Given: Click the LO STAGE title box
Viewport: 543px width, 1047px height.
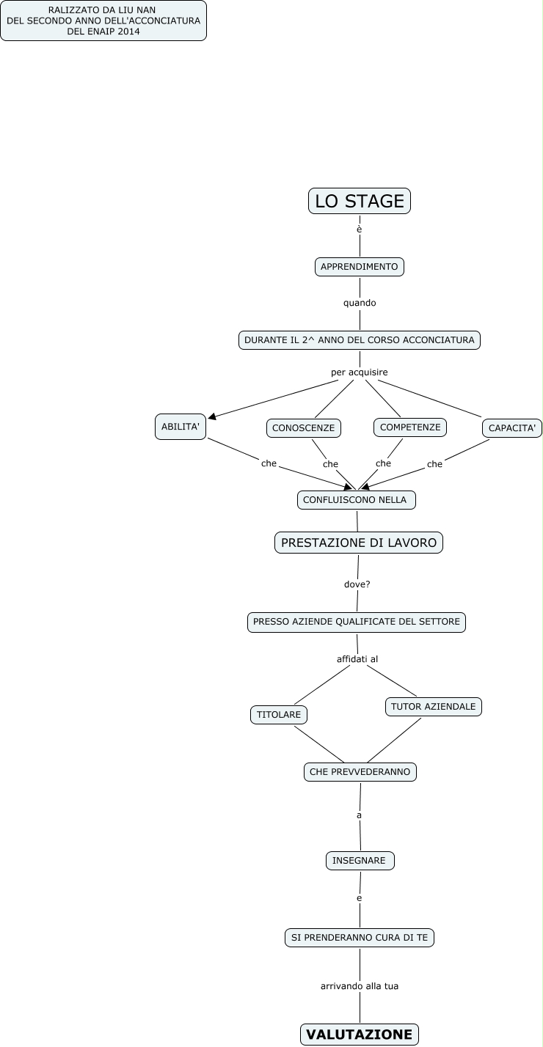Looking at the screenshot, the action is click(x=360, y=201).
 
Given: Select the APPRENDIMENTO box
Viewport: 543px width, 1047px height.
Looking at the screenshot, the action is click(x=360, y=267).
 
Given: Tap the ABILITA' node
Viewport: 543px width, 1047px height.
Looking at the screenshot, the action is click(x=181, y=426).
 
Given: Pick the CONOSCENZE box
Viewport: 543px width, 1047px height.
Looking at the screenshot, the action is click(x=304, y=428).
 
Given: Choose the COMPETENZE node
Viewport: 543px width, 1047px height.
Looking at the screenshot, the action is click(x=410, y=427).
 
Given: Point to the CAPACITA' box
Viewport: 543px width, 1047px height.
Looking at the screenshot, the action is click(x=512, y=428).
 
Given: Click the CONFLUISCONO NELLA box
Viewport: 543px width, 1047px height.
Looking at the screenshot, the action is click(x=357, y=499).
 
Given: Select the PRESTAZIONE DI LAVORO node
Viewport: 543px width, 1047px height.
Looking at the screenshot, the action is click(x=359, y=543).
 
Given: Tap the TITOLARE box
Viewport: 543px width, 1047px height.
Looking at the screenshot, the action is click(x=279, y=715).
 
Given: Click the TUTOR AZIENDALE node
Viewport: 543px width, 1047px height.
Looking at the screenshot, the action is click(x=434, y=706).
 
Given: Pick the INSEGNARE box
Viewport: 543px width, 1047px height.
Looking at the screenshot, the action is click(x=360, y=861).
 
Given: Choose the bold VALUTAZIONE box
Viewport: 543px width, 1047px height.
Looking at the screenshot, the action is click(x=360, y=1034).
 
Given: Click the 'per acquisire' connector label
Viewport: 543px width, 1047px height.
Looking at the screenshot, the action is click(x=360, y=372).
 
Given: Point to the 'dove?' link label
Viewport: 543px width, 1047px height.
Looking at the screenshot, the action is click(x=357, y=584).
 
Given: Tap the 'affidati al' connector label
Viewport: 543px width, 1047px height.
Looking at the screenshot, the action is click(x=357, y=659).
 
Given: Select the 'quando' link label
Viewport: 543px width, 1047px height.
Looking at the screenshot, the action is click(x=360, y=303).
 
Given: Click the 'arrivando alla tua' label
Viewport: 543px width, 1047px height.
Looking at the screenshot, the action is click(x=360, y=986).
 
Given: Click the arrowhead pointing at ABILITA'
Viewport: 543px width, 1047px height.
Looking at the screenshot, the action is click(x=212, y=416).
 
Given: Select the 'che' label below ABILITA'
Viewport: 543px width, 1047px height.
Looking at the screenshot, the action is click(x=269, y=463).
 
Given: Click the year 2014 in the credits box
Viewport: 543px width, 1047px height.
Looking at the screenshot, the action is click(x=129, y=32).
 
